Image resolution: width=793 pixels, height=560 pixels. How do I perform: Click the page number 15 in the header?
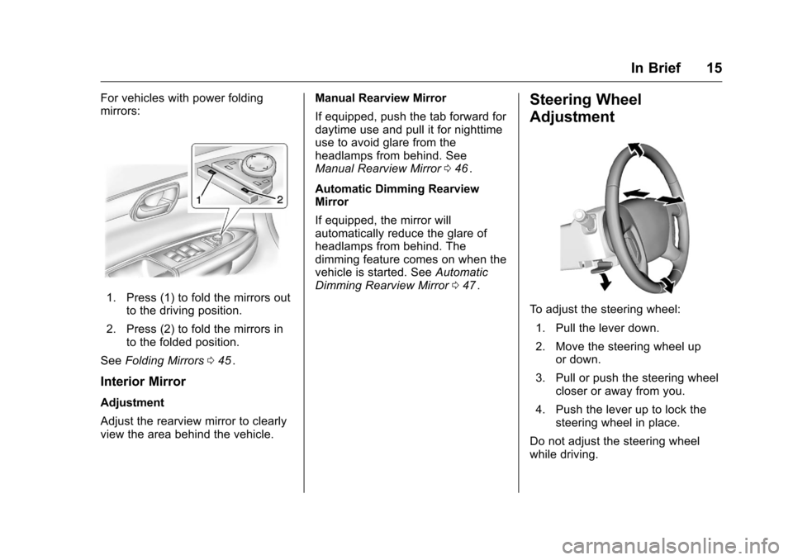[713, 69]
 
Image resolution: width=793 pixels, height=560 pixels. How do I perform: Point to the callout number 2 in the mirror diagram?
[279, 200]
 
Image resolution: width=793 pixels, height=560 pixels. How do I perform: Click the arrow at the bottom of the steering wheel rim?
[669, 283]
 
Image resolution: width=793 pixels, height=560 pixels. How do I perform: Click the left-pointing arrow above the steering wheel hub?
[636, 192]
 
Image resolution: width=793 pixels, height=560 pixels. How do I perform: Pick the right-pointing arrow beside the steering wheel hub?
[672, 200]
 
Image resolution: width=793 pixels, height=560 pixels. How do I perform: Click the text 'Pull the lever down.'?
[608, 328]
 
